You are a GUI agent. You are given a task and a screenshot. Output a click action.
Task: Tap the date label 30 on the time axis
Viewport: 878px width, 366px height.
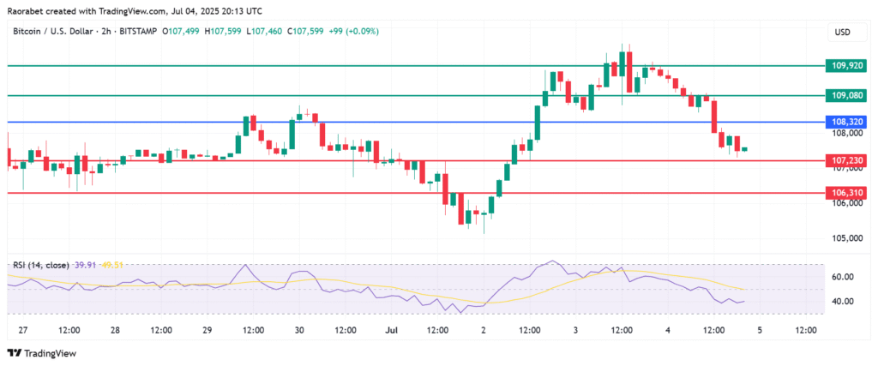coord(299,330)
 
